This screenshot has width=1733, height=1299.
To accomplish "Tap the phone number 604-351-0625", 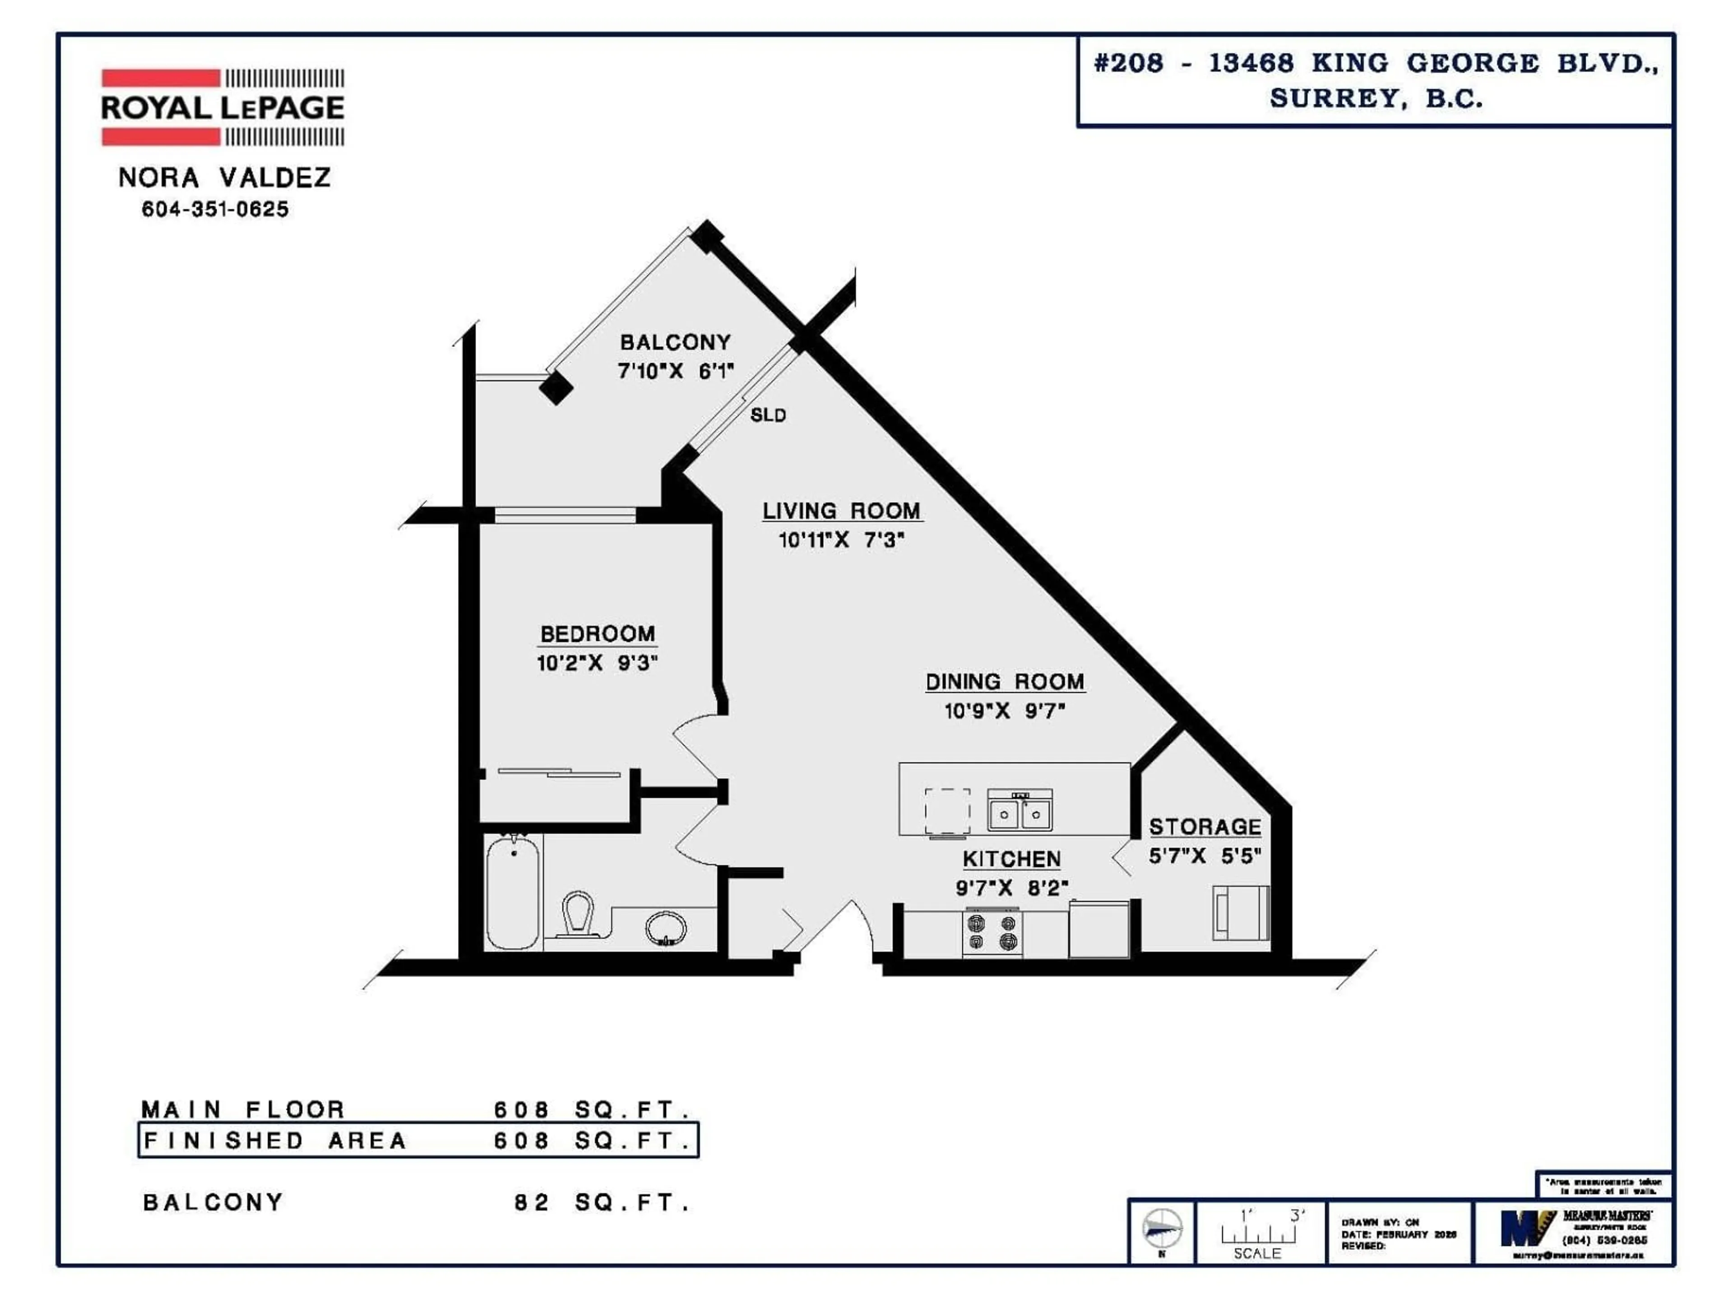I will (215, 209).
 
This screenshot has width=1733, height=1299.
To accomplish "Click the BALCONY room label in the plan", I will (675, 342).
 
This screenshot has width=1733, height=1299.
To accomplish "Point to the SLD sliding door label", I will (768, 415).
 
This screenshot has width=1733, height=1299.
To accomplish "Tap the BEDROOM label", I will (597, 633).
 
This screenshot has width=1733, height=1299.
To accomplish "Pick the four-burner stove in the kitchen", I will (992, 933).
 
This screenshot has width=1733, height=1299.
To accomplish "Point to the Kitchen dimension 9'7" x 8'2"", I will (1011, 888).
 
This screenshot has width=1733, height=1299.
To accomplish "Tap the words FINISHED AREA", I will (275, 1141).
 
